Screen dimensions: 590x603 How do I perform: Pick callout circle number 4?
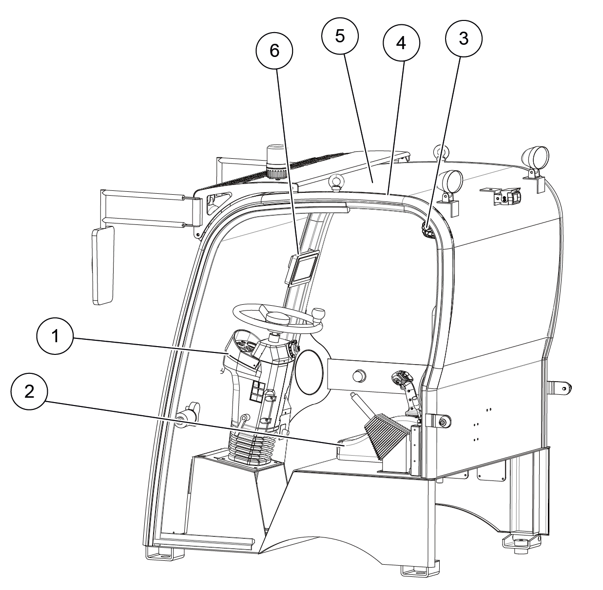coord(401,43)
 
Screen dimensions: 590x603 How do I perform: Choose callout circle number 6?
coord(274,51)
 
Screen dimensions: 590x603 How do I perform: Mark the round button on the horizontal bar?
coord(359,375)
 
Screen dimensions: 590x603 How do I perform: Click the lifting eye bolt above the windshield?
coord(335,182)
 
